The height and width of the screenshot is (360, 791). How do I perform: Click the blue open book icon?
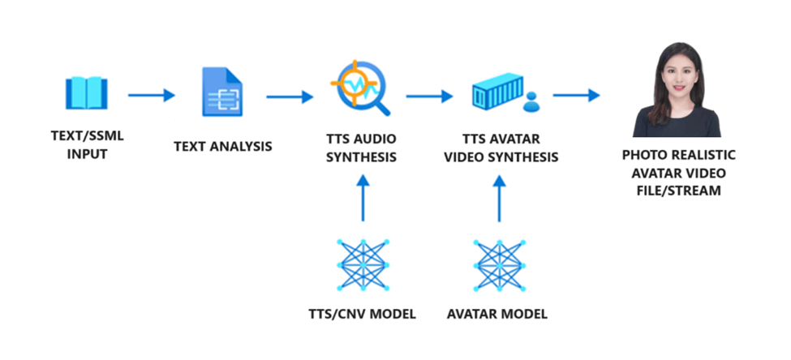pyautogui.click(x=85, y=93)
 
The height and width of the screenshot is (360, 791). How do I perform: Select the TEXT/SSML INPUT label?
pyautogui.click(x=86, y=144)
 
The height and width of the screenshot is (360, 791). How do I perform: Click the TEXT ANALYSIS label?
pyautogui.click(x=222, y=147)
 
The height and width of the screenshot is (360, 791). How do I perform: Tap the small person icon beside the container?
pyautogui.click(x=532, y=101)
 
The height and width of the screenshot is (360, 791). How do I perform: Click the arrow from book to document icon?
pyautogui.click(x=152, y=96)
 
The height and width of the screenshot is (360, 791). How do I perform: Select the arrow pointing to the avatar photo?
pyautogui.click(x=576, y=96)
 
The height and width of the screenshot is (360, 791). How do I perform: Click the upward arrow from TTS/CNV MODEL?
pyautogui.click(x=363, y=198)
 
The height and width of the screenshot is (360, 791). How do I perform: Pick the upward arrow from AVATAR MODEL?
pyautogui.click(x=499, y=198)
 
